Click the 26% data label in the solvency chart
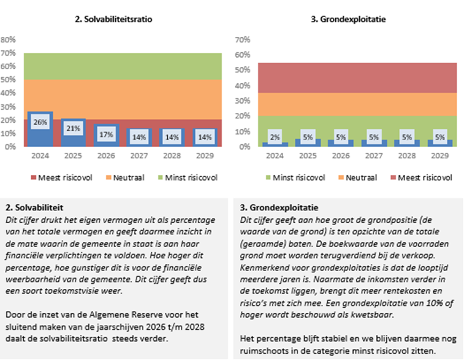(40, 123)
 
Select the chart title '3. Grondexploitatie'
(349, 20)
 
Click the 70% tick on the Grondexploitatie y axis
(243, 39)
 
